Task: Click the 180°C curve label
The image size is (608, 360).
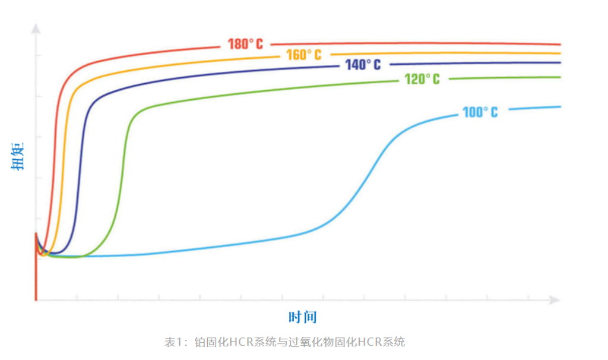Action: [245, 44]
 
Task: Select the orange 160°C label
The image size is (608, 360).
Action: [303, 55]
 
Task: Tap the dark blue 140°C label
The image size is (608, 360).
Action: [363, 65]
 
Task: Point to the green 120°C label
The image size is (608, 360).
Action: [422, 79]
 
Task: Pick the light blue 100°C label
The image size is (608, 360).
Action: [480, 112]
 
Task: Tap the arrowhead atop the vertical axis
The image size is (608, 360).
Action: [36, 27]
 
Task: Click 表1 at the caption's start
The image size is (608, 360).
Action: [172, 342]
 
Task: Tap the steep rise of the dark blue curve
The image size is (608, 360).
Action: [82, 178]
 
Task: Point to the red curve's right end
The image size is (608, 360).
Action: [559, 44]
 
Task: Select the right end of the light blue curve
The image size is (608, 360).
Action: [559, 107]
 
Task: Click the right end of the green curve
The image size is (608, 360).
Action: [559, 77]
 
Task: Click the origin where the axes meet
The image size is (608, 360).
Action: [36, 301]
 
